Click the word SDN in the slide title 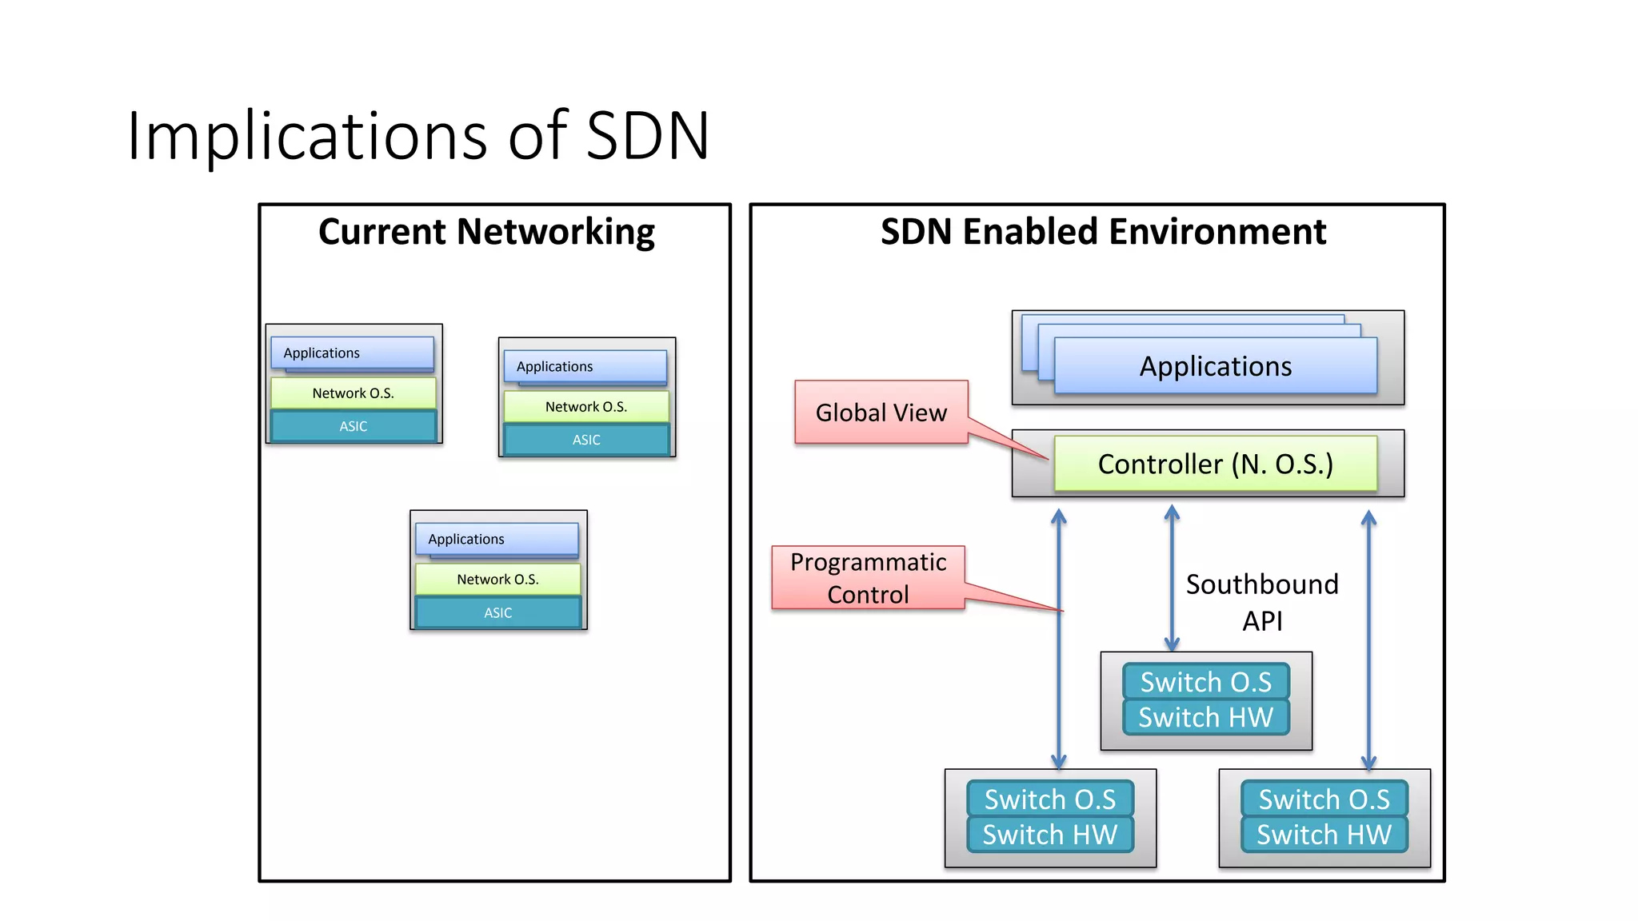(647, 136)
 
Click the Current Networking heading (486, 232)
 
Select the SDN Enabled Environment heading (1103, 232)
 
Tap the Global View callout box (881, 413)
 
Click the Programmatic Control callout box (868, 578)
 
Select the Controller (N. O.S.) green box (1215, 464)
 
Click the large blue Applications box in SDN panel (1215, 366)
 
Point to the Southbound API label (1262, 602)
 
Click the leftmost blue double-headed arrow (1058, 640)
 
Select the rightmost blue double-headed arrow (1368, 640)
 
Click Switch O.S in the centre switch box (1205, 682)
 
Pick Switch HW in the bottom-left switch (1049, 835)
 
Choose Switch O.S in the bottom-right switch (1324, 799)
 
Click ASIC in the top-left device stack (353, 426)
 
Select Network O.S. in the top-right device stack (585, 407)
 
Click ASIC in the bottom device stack (497, 612)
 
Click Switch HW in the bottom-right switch (1324, 835)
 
